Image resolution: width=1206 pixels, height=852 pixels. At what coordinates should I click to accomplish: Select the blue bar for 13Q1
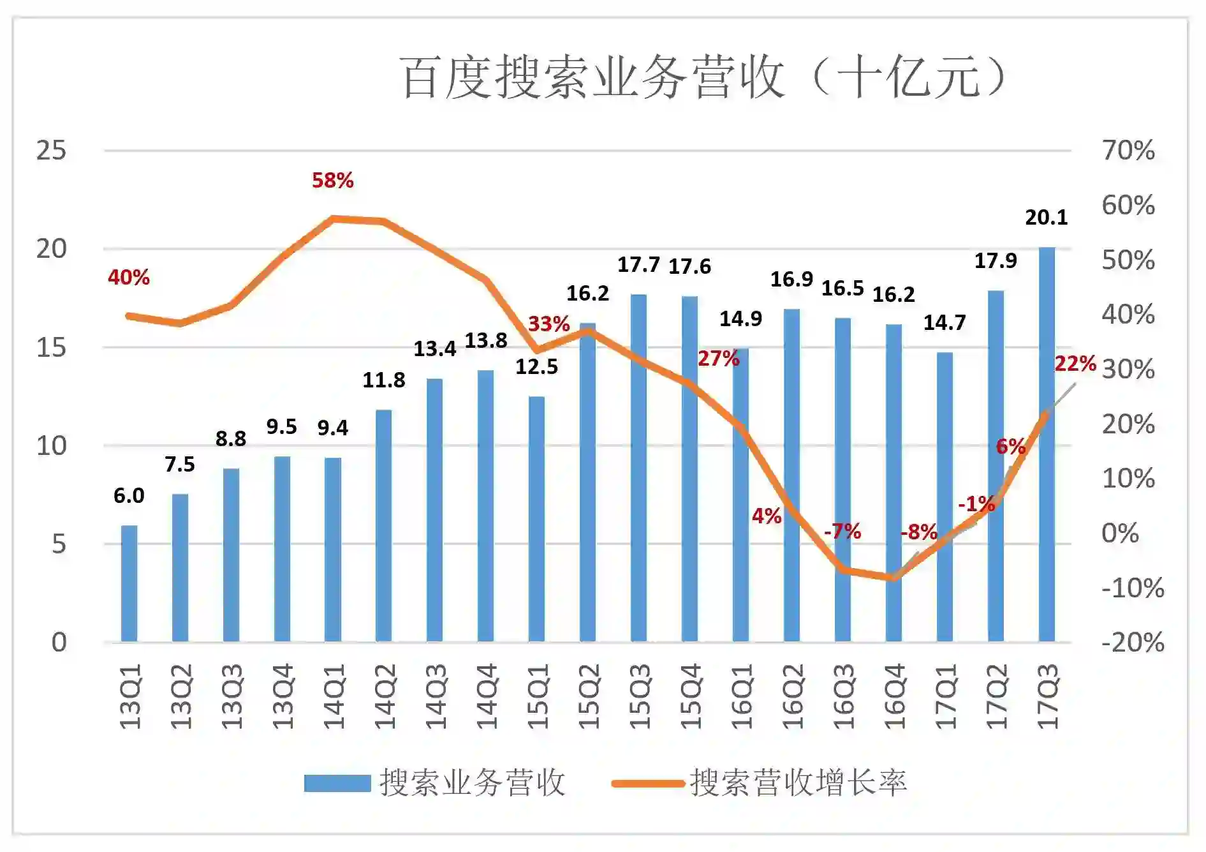click(129, 583)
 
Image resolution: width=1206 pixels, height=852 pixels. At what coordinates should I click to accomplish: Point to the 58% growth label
click(332, 181)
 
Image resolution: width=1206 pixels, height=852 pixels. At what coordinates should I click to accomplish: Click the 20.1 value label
click(1046, 218)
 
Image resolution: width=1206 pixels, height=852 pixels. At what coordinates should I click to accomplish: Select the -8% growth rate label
click(918, 532)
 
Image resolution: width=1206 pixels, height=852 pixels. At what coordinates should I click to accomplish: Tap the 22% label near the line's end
click(1075, 364)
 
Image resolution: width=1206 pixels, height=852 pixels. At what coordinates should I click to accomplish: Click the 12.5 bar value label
click(536, 367)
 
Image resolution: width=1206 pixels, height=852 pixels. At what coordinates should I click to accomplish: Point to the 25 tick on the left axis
click(51, 151)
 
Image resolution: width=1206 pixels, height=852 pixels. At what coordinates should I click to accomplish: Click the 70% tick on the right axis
click(1128, 151)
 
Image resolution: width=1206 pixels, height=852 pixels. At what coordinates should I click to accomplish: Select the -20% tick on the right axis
click(1132, 643)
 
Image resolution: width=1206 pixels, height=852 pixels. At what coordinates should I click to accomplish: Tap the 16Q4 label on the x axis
click(894, 696)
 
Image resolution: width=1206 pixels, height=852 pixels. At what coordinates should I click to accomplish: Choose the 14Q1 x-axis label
click(333, 696)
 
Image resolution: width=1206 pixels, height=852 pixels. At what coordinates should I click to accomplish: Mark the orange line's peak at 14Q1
click(333, 219)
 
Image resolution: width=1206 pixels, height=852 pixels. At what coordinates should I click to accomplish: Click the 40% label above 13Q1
click(129, 278)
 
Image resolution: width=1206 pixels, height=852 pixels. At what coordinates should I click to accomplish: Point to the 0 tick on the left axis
click(59, 643)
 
